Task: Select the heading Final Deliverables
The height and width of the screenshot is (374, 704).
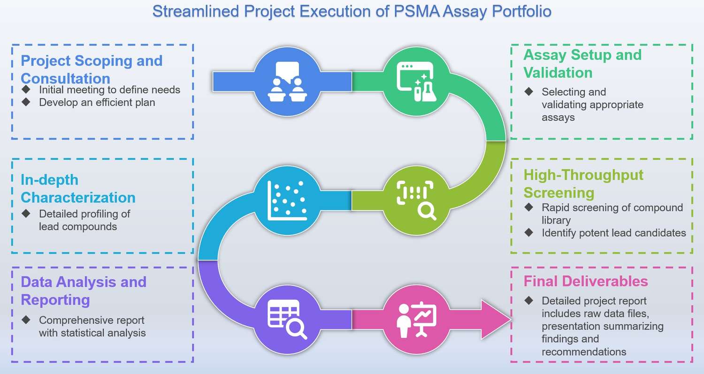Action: coord(585,281)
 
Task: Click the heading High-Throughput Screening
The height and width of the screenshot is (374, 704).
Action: coord(583,184)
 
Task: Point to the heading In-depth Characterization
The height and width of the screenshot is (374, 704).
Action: coord(78,188)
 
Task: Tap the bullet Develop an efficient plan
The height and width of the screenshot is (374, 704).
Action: coord(97,102)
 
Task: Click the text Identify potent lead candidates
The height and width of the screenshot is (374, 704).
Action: coord(613,233)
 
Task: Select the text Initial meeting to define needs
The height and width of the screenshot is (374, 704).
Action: coord(109,90)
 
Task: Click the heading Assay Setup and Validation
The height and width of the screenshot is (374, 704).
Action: coord(582,64)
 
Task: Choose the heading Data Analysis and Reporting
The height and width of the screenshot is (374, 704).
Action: coord(84,291)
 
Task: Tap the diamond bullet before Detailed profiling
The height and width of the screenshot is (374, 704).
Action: coord(26,214)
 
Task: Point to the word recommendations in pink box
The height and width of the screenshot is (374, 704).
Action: coord(583,352)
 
